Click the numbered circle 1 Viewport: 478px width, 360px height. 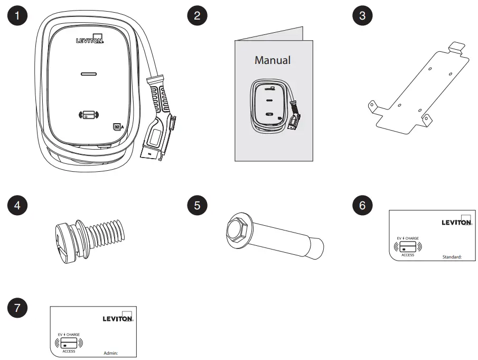point(20,15)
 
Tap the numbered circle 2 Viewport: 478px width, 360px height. point(197,15)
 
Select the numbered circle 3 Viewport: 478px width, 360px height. point(362,15)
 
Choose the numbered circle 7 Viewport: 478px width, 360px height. point(20,308)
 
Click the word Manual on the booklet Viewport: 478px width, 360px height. point(272,60)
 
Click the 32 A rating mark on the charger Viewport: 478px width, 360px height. point(118,126)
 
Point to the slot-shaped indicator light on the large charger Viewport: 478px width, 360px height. point(88,75)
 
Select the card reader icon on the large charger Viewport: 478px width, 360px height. point(88,114)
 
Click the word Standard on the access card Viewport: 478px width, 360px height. point(452,256)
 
